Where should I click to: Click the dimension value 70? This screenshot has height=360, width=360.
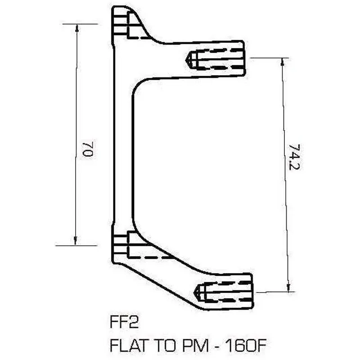coord(87,148)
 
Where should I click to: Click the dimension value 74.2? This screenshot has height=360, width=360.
coord(295,157)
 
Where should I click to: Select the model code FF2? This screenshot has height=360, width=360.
coord(122,324)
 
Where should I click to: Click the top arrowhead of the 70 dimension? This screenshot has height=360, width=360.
coord(76,27)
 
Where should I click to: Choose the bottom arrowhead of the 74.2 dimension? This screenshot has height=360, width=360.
coord(286,288)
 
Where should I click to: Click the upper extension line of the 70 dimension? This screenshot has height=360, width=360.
coord(81,23)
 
